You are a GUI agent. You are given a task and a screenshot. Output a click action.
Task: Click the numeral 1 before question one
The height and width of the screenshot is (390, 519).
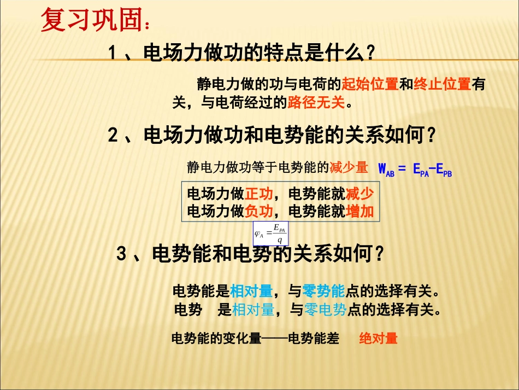112,54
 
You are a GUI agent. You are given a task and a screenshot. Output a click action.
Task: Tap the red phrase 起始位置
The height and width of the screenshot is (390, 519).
369,84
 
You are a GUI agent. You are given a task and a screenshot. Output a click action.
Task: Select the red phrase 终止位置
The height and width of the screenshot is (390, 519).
443,84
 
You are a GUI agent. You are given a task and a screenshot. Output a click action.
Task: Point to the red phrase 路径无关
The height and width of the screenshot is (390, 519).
316,102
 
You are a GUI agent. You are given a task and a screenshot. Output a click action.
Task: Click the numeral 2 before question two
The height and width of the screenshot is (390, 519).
113,135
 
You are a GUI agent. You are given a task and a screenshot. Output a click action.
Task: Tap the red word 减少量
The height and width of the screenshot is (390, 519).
349,167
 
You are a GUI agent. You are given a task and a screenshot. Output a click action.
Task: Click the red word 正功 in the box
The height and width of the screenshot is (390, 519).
258,194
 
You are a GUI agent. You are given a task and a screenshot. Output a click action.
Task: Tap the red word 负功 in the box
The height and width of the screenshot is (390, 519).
258,211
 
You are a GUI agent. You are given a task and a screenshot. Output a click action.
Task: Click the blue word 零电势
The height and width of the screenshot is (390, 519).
326,310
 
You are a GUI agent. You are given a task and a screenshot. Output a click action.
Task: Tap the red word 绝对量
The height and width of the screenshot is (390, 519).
378,339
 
